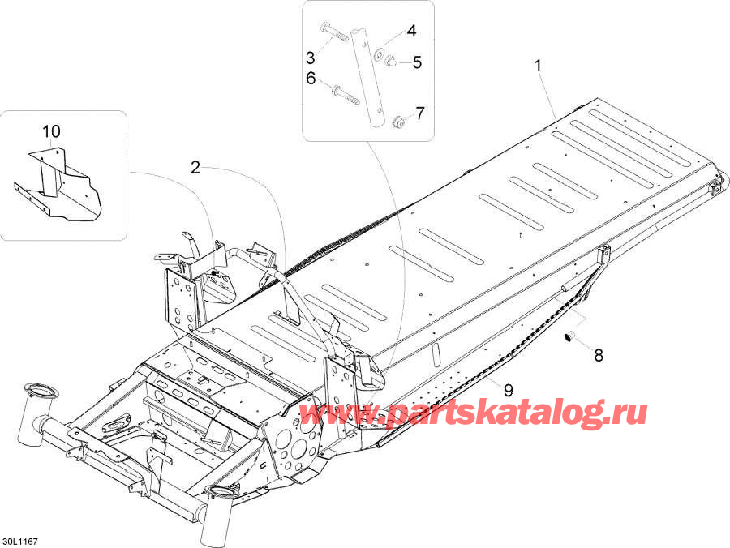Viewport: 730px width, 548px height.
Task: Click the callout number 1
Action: point(536,66)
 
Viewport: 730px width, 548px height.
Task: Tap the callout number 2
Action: point(195,168)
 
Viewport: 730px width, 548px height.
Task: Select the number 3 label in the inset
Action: point(310,57)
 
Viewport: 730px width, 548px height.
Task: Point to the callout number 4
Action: point(411,32)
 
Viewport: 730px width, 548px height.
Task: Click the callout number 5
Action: point(417,62)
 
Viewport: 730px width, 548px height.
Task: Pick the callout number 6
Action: point(310,79)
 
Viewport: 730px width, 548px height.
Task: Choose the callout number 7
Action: point(419,112)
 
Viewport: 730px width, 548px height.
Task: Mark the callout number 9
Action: point(509,390)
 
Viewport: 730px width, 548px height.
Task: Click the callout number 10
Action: point(51,131)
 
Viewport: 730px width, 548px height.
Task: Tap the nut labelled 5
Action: point(390,60)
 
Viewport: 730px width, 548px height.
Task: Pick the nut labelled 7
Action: point(398,122)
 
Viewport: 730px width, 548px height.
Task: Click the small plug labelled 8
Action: point(569,336)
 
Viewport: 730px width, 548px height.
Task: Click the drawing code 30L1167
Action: point(19,540)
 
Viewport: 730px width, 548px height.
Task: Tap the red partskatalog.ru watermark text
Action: point(474,414)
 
